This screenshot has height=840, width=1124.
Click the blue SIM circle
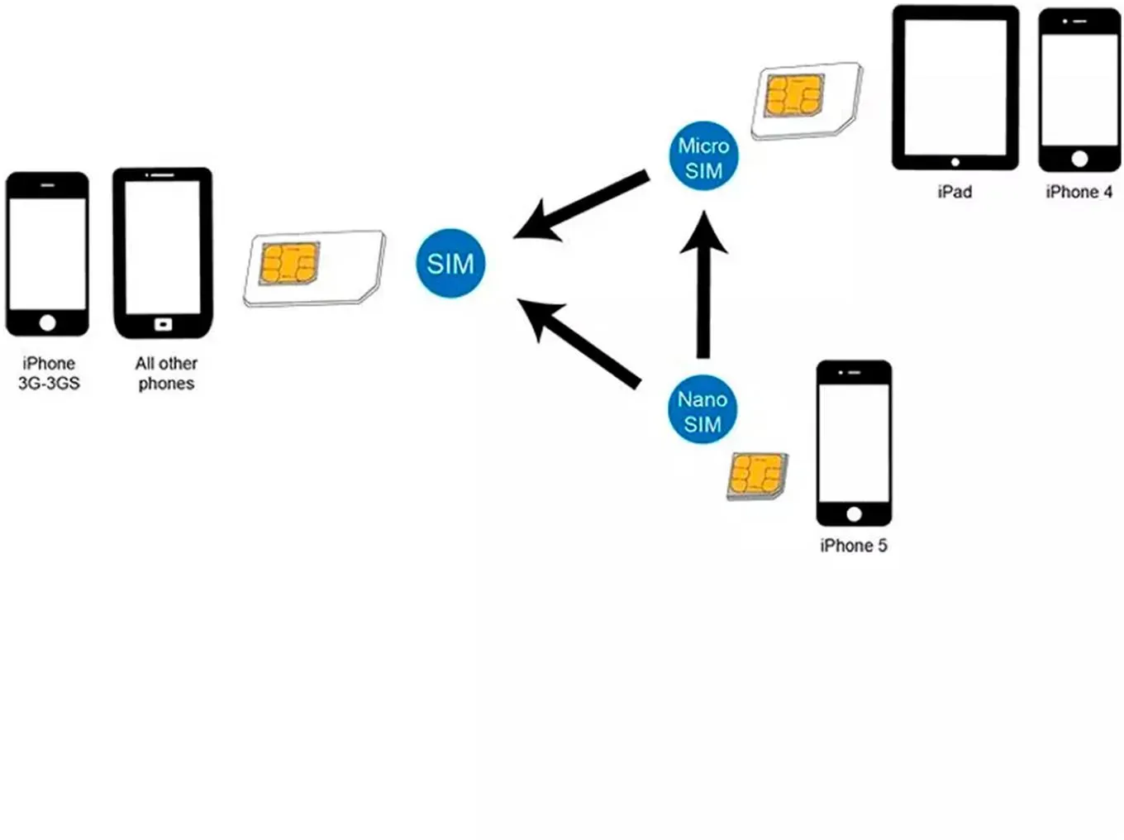pos(450,263)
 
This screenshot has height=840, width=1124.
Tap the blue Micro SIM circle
pos(703,155)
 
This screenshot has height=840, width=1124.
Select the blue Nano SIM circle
pos(702,409)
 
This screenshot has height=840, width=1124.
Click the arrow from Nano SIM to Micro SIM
pos(703,284)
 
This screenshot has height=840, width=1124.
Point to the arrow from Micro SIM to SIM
pos(581,206)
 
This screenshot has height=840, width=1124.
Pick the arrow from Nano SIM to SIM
pos(579,344)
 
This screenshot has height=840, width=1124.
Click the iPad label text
pos(955,192)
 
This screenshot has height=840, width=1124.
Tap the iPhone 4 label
pos(1079,192)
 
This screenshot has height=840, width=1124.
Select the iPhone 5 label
pos(853,546)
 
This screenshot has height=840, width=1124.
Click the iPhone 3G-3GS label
pos(49,374)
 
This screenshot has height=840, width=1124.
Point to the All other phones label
pos(166,374)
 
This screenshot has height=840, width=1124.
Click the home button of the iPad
pos(955,162)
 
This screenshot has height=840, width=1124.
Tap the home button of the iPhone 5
pos(854,513)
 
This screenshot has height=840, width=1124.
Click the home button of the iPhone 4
pos(1079,159)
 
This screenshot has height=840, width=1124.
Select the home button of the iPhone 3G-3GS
pos(48,323)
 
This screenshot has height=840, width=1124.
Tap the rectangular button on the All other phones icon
pos(164,324)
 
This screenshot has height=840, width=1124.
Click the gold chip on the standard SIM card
pos(289,263)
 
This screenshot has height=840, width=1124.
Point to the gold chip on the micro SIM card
pos(794,95)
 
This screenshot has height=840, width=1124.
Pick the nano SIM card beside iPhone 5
pos(757,476)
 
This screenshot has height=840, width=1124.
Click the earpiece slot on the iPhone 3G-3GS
pos(48,185)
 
